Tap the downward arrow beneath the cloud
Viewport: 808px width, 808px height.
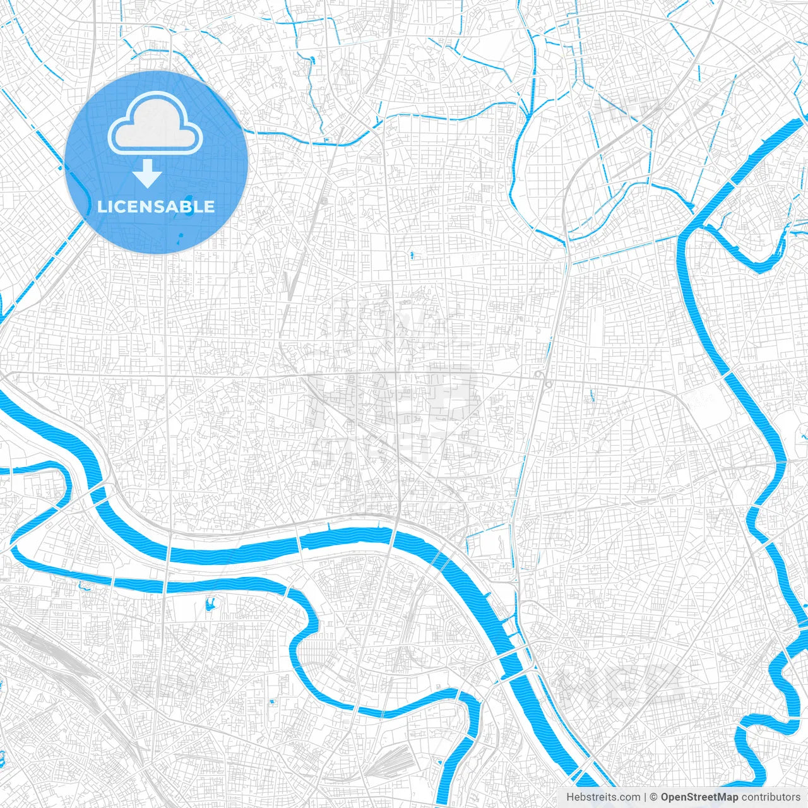147,174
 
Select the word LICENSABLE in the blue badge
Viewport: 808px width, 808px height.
156,206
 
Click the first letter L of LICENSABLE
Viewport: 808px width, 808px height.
101,206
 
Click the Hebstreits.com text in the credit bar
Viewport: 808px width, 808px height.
603,797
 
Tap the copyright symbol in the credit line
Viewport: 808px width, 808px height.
654,797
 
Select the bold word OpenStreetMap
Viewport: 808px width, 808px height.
699,797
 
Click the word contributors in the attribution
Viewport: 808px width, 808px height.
770,797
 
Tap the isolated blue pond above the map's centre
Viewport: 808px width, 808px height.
411,255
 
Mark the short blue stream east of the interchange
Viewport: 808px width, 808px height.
592,396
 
